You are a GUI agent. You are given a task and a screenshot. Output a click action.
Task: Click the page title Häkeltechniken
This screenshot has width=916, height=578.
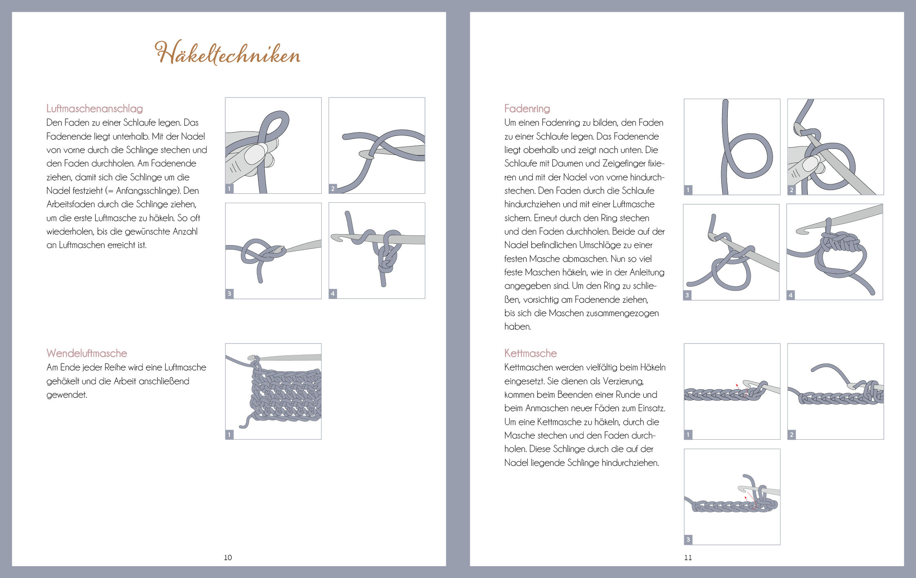227,53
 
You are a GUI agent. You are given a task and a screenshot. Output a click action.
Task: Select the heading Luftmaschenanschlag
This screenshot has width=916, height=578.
95,109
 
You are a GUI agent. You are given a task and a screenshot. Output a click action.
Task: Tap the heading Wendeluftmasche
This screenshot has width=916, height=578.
87,353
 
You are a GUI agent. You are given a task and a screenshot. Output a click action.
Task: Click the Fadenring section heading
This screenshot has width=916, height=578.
527,109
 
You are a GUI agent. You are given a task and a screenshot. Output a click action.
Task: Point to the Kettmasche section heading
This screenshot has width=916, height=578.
530,353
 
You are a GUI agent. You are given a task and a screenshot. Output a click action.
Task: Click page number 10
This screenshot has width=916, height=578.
228,558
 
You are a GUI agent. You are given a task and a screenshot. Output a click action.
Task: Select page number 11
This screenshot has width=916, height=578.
688,558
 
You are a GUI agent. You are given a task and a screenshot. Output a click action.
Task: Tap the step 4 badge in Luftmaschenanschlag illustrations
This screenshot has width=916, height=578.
333,293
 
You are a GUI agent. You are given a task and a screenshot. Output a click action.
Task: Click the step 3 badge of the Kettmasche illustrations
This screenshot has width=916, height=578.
688,540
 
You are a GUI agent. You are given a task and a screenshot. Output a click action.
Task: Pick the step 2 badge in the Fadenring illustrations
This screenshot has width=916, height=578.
792,190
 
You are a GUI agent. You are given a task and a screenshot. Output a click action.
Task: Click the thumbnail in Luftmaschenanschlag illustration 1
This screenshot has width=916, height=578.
256,154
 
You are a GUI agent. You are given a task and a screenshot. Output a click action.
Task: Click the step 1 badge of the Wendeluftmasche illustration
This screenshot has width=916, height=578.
229,434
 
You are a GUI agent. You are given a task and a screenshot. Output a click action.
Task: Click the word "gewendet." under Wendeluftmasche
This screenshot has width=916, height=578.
67,395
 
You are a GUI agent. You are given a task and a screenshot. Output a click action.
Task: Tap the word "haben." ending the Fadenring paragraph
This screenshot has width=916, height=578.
518,327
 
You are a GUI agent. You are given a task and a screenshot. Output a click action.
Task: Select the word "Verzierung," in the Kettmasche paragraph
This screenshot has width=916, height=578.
623,381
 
